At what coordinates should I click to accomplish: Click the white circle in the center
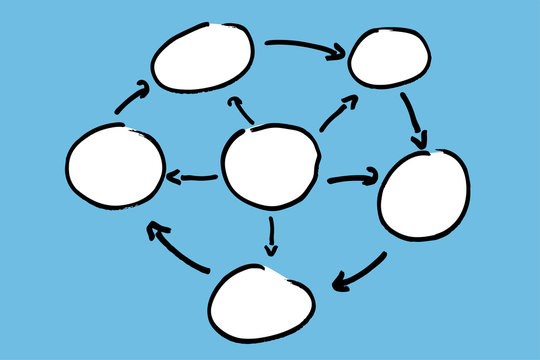point(271,166)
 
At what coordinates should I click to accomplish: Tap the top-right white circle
point(390,58)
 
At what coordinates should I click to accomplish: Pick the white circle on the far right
point(424,194)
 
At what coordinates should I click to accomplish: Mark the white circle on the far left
point(115,166)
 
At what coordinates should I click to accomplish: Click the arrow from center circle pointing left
point(191,178)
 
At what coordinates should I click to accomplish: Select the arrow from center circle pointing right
point(352,179)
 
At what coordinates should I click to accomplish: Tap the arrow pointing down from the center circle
point(270,235)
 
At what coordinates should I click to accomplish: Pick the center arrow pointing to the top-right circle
point(338,114)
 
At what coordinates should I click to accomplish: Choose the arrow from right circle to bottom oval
point(358,272)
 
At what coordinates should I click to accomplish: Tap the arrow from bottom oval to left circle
point(177,248)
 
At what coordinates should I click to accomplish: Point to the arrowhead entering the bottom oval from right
point(341,282)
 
